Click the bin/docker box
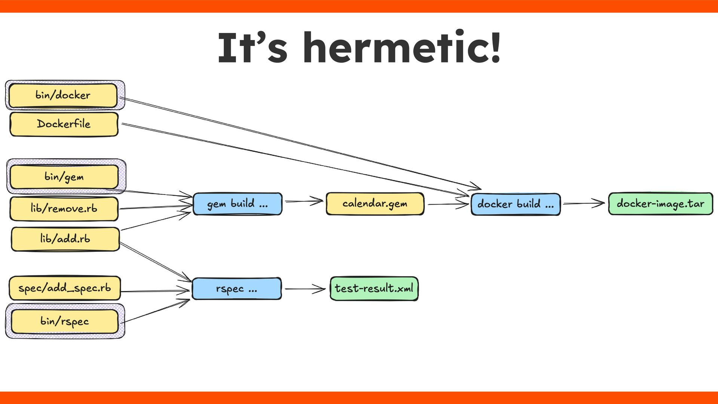[63, 95]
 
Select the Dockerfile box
[64, 124]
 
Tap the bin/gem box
[64, 177]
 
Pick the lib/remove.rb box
[64, 208]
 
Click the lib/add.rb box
[65, 239]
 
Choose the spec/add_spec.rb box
[65, 288]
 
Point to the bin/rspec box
[64, 321]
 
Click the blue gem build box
[237, 204]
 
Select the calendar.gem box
[375, 204]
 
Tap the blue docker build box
[515, 204]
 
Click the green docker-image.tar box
[660, 204]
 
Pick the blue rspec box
[236, 289]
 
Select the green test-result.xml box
[374, 288]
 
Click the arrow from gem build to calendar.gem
[304, 201]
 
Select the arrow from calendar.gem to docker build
[447, 204]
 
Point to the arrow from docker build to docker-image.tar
[583, 203]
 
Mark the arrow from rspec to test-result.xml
[305, 289]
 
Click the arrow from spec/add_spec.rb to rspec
[155, 291]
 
